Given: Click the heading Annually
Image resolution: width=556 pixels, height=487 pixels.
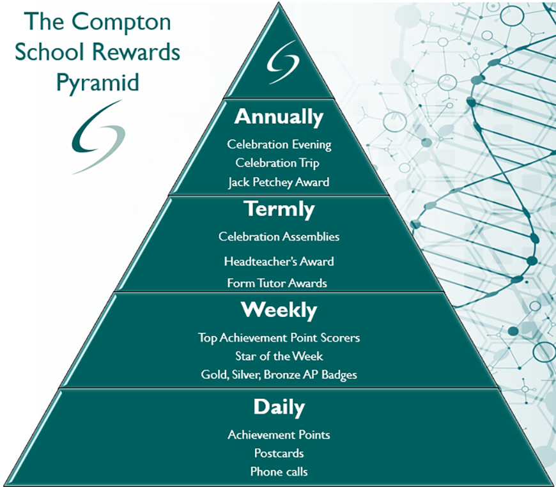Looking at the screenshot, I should pos(279,118).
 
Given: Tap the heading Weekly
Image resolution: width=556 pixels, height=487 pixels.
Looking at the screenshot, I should pos(279,311).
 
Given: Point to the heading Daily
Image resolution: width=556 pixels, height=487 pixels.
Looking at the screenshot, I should pos(279,407).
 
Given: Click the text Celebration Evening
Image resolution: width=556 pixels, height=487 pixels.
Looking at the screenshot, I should pos(279,144).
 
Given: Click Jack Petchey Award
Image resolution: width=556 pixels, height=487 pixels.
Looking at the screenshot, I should pos(279,182).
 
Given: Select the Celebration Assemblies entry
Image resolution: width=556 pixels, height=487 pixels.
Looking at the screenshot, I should pos(279,236).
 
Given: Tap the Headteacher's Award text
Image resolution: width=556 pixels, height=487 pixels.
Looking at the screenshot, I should pos(279,261).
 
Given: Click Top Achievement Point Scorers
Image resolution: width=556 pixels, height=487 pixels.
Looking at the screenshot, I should pos(279,337).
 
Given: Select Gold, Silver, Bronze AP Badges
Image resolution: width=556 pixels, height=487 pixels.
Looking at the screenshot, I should pos(279,375).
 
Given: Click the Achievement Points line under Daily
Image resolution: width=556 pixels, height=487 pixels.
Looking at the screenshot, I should pos(279,435).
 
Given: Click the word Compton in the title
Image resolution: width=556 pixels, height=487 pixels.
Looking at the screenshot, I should pos(121,22).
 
